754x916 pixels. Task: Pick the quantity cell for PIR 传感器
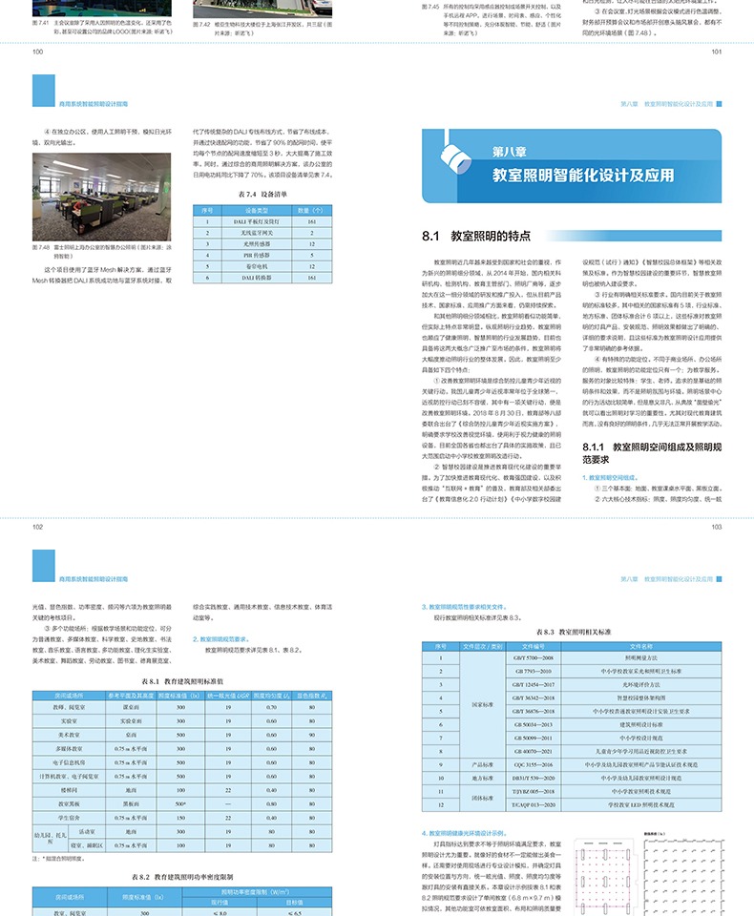pos(311,257)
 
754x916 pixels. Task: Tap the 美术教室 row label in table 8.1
pos(69,735)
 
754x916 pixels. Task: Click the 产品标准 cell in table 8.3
pos(482,765)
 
